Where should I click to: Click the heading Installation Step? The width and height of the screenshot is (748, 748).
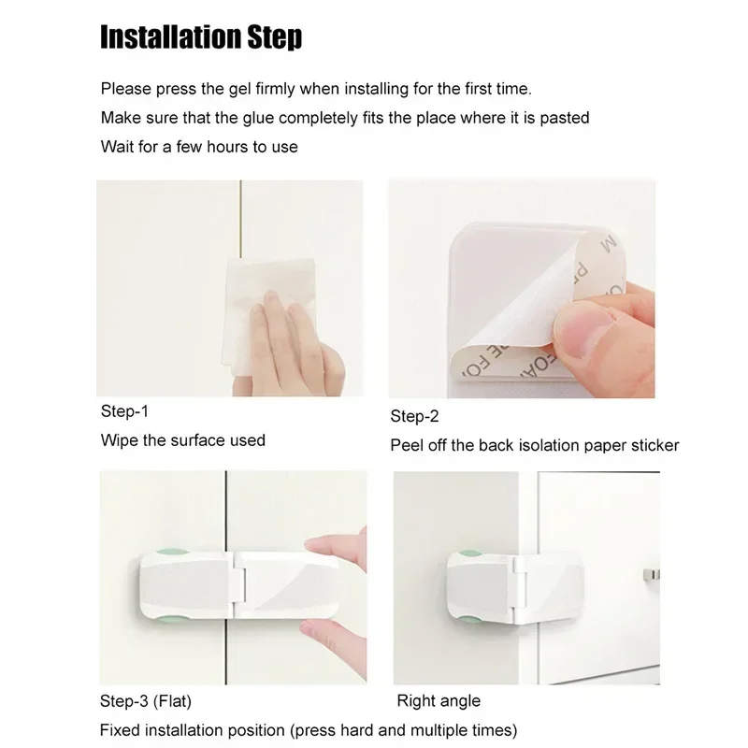pyautogui.click(x=201, y=38)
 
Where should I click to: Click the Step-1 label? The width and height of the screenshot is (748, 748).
pyautogui.click(x=124, y=410)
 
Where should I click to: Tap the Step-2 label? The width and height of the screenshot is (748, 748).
pyautogui.click(x=414, y=416)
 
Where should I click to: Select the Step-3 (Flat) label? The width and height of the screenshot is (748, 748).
pyautogui.click(x=146, y=699)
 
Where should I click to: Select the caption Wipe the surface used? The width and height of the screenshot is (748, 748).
pyautogui.click(x=182, y=439)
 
